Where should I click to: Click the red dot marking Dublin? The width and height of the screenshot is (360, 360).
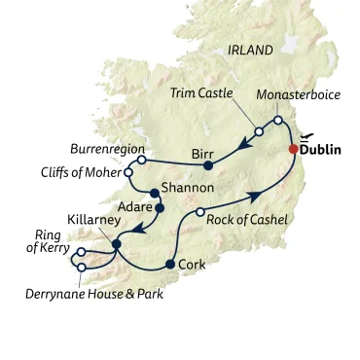tap(295, 149)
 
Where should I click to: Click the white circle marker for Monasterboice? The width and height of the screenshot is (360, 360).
tap(278, 120)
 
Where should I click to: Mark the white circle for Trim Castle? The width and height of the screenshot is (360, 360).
tap(259, 130)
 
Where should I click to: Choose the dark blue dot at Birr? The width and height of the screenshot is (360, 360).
tap(207, 165)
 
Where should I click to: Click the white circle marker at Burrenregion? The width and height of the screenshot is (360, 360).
tap(141, 159)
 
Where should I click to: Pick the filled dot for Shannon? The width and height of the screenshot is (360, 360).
tap(154, 192)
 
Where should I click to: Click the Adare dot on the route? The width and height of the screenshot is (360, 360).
tap(161, 207)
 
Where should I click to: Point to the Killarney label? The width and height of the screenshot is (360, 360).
tap(94, 221)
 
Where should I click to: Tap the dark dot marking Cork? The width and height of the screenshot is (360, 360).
tap(170, 264)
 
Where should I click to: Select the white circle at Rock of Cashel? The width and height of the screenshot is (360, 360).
tap(199, 211)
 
